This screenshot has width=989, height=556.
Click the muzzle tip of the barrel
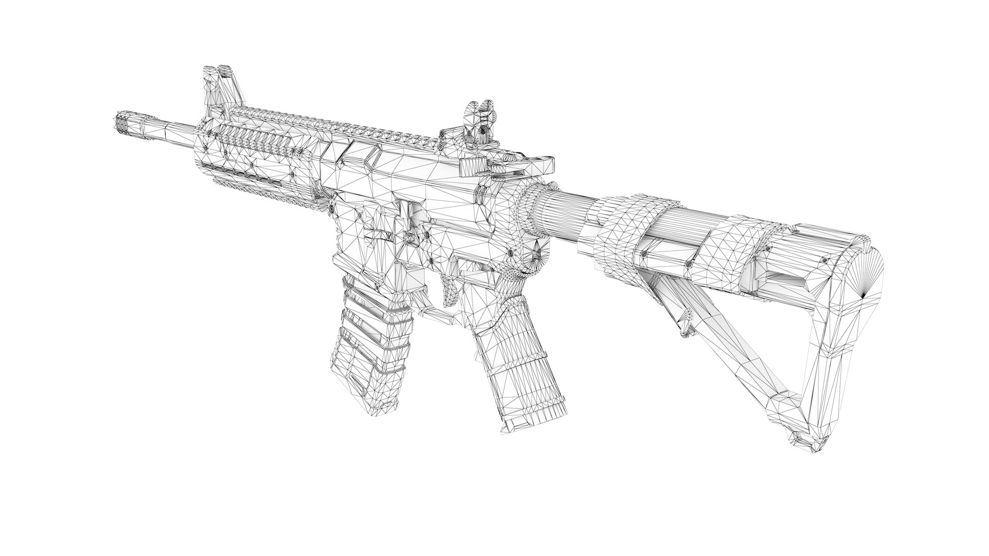click(x=120, y=124)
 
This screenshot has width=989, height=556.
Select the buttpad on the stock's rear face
click(x=865, y=288)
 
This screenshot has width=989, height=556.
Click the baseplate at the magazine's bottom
click(x=536, y=407)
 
